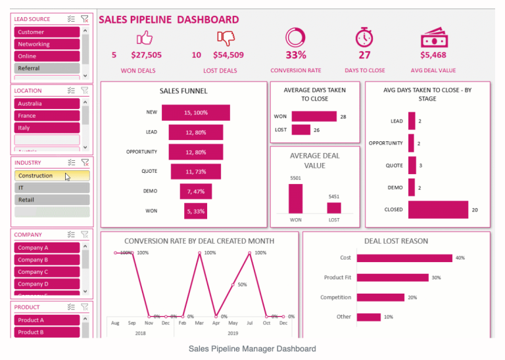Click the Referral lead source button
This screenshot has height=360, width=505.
point(47,68)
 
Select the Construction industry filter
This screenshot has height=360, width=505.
point(51,175)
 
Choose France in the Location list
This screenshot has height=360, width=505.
point(47,116)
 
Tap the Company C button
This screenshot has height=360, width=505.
point(47,272)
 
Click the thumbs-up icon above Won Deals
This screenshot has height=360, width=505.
point(143,37)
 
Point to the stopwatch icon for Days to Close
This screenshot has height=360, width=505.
point(364,37)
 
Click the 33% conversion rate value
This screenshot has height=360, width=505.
point(295,56)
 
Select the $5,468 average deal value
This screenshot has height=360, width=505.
point(433,56)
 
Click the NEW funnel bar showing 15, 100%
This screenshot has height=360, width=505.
point(196,112)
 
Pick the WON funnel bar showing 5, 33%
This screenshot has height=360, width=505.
point(195,211)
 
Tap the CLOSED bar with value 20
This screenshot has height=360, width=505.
point(438,210)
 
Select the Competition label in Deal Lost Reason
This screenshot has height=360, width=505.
point(335,298)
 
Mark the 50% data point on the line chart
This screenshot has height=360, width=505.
point(232,284)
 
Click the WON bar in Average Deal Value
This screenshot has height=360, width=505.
point(295,198)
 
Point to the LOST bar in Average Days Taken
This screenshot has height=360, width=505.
point(301,130)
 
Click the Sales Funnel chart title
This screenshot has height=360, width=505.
point(183,91)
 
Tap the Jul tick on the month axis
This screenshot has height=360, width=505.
point(250,324)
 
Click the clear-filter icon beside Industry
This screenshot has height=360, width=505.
point(85,162)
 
